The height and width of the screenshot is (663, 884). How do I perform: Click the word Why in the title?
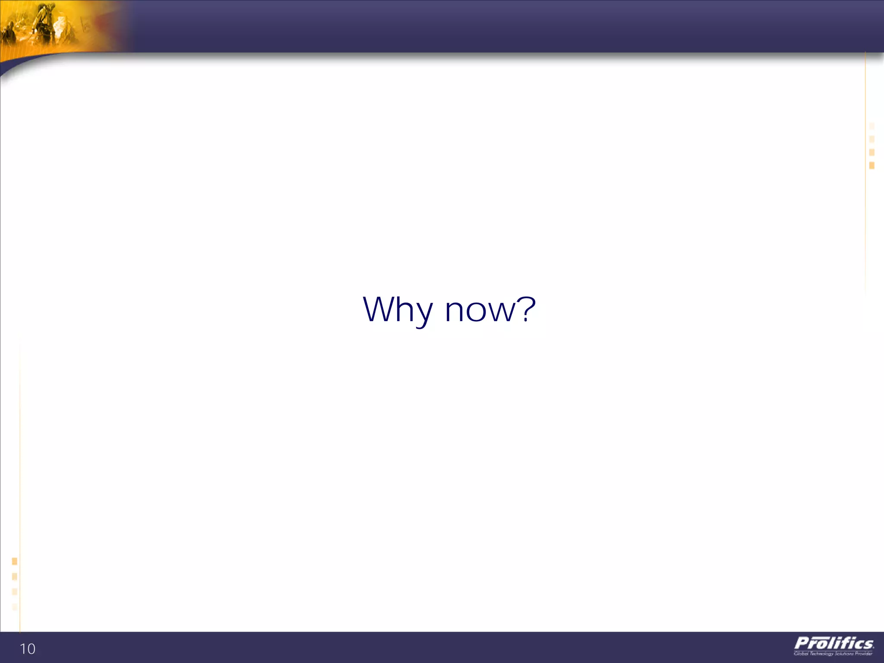[x=398, y=310]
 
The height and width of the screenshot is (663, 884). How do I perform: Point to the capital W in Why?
[x=381, y=309]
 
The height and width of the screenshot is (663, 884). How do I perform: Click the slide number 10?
[x=28, y=649]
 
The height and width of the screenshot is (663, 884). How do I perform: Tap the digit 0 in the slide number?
[x=32, y=649]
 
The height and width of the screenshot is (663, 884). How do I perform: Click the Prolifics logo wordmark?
[x=834, y=643]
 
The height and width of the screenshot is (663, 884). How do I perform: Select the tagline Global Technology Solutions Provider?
[x=833, y=654]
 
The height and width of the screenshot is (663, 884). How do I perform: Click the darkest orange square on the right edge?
[x=872, y=165]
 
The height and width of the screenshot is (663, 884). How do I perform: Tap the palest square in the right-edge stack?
[x=872, y=126]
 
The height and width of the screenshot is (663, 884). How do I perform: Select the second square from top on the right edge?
[x=872, y=139]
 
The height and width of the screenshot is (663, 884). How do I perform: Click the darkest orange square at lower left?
[x=15, y=561]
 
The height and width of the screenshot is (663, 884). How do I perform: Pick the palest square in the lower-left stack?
[x=15, y=607]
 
